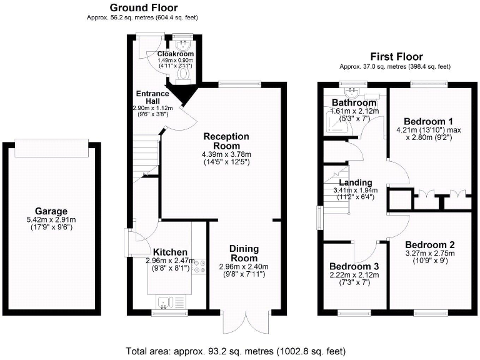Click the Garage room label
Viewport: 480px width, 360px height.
click(x=51, y=211)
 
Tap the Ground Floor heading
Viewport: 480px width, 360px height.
click(x=143, y=7)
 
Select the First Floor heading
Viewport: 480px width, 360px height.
click(x=396, y=56)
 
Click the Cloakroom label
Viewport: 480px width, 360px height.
click(x=176, y=54)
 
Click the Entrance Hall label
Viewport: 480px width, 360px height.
click(x=152, y=98)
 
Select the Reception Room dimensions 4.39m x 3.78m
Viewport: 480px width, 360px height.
click(x=226, y=155)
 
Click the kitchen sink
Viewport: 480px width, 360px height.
click(x=164, y=302)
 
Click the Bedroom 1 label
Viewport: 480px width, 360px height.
click(x=428, y=121)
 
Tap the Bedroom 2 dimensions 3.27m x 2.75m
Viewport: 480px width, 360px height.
click(x=429, y=254)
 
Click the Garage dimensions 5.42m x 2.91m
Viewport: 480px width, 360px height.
click(x=51, y=220)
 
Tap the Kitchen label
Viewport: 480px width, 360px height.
click(x=171, y=252)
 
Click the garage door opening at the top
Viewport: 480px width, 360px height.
click(x=51, y=147)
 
